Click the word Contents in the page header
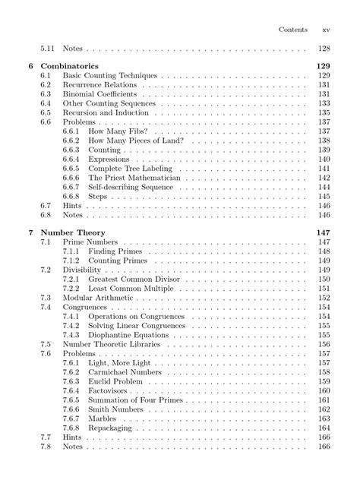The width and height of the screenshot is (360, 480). click(x=292, y=29)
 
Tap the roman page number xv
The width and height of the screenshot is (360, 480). click(x=326, y=29)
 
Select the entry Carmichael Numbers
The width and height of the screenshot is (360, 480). click(x=124, y=373)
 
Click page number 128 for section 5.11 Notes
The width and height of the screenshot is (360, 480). click(x=323, y=47)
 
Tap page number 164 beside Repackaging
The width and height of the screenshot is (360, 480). click(x=323, y=428)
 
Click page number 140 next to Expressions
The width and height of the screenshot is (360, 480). click(x=323, y=159)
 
